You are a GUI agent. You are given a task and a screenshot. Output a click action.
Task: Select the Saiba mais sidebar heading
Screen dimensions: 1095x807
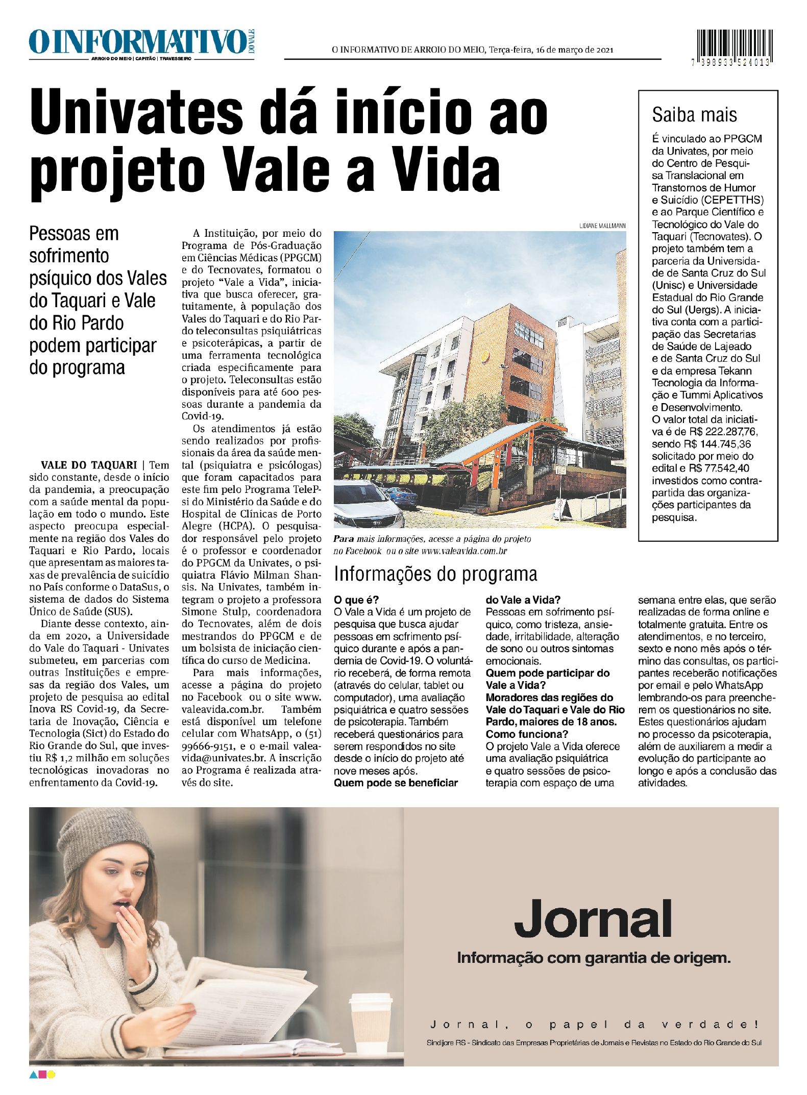pyautogui.click(x=694, y=115)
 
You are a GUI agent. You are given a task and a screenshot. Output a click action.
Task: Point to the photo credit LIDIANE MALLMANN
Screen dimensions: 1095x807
pyautogui.click(x=602, y=226)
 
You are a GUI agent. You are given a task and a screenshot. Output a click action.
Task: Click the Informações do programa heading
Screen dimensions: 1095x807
pyautogui.click(x=435, y=575)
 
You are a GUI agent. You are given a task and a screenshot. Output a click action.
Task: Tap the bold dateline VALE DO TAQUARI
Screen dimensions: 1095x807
pyautogui.click(x=89, y=465)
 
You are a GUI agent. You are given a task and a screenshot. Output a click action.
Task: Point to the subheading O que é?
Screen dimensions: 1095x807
pyautogui.click(x=356, y=600)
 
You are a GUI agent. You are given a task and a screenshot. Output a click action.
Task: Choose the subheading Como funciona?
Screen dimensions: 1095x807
pyautogui.click(x=527, y=734)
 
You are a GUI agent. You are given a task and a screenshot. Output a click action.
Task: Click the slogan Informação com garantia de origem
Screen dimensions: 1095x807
pyautogui.click(x=593, y=958)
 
